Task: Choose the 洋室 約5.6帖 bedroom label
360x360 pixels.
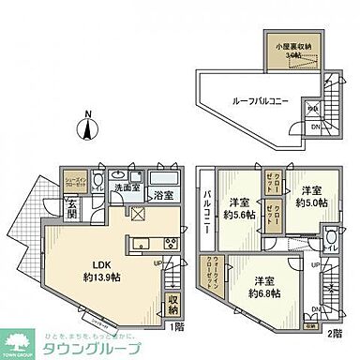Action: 239,207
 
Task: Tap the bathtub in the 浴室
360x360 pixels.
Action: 162,178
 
